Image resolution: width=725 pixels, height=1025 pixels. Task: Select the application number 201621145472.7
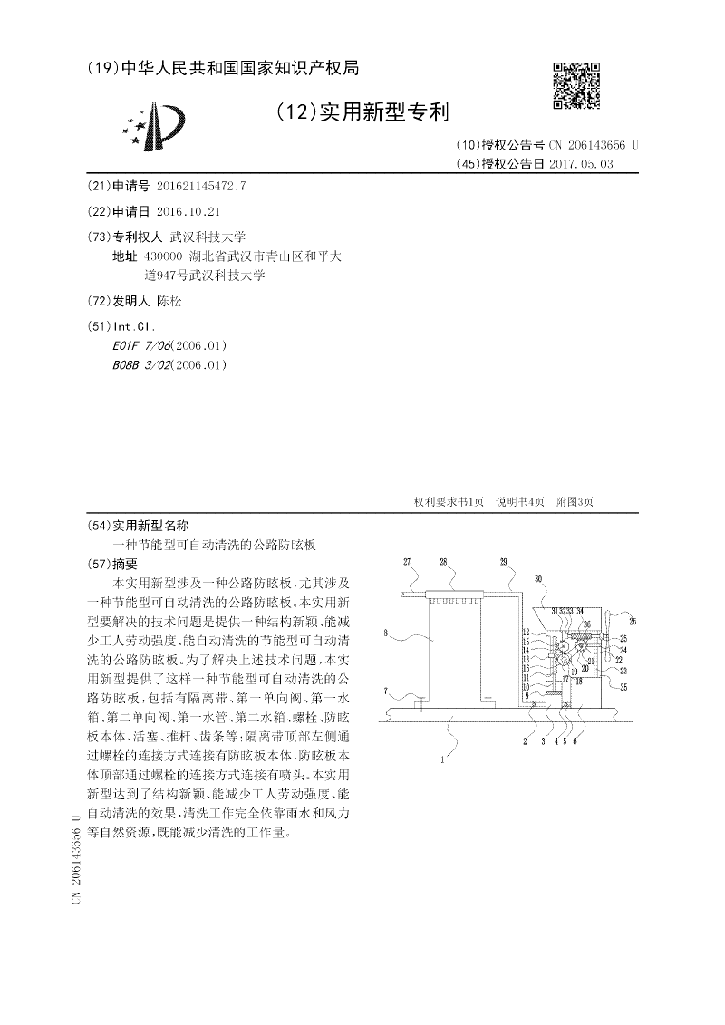201,186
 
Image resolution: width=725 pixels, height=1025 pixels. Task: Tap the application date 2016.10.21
188,211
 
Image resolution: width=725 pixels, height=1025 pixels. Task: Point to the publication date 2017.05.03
581,164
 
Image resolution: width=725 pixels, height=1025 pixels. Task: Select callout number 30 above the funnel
538,578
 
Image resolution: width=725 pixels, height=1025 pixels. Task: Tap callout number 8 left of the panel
385,633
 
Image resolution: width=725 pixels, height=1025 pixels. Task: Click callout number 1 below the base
442,761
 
